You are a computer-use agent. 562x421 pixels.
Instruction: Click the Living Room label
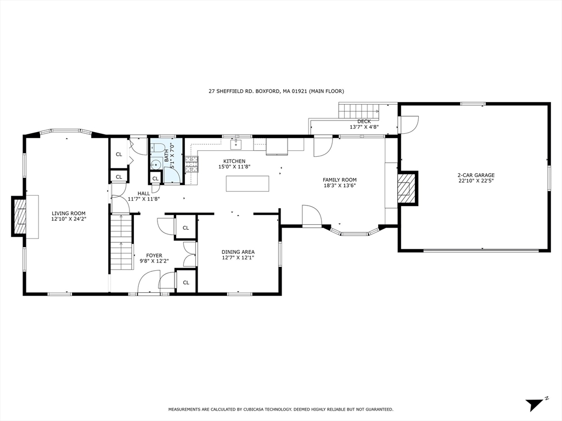69,213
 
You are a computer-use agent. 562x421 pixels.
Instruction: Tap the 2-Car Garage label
476,175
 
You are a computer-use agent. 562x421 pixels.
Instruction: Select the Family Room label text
339,180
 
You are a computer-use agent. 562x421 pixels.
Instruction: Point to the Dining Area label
238,252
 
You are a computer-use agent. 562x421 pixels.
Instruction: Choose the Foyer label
154,255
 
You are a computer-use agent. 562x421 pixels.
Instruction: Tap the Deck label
364,122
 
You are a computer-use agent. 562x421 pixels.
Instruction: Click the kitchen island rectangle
248,183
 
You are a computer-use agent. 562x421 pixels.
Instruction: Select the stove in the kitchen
191,164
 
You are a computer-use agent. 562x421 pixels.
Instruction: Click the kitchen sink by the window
236,144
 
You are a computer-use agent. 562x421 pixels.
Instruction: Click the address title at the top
276,92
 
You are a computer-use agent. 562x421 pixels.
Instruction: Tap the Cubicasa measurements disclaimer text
280,409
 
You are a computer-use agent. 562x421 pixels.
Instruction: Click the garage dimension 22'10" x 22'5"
476,181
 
